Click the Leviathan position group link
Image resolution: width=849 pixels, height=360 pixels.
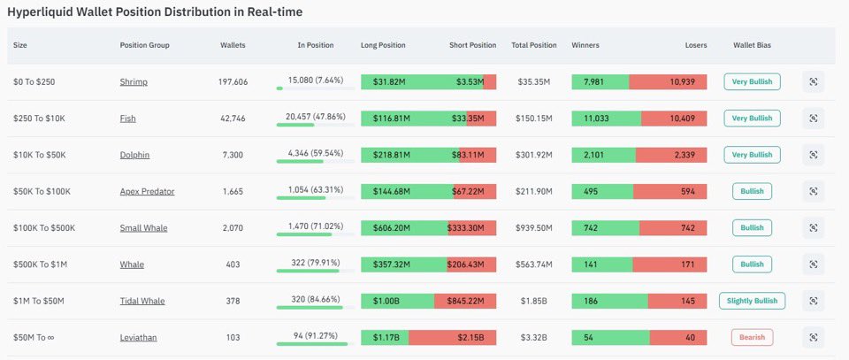(x=140, y=337)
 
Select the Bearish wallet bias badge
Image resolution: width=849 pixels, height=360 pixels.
(x=752, y=337)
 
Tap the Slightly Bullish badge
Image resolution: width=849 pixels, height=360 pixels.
(x=752, y=301)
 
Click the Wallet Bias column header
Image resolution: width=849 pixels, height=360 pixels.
(x=752, y=45)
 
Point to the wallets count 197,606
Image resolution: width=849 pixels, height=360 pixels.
(x=233, y=81)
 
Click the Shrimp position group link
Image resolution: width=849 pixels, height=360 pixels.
(x=134, y=81)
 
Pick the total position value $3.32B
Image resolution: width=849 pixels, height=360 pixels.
(x=534, y=337)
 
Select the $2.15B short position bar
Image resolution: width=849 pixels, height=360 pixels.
(x=452, y=337)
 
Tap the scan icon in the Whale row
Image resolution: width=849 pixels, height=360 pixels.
(x=813, y=264)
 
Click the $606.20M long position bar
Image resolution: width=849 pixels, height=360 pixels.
(x=404, y=227)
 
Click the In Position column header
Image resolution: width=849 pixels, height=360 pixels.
(x=316, y=45)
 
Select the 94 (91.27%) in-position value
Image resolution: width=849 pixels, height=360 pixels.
(x=316, y=333)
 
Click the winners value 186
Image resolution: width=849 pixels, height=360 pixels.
(x=591, y=301)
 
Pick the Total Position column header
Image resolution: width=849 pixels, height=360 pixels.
(x=534, y=45)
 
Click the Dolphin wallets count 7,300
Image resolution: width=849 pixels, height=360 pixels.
(x=233, y=155)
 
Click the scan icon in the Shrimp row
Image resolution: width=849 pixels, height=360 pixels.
(x=813, y=81)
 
